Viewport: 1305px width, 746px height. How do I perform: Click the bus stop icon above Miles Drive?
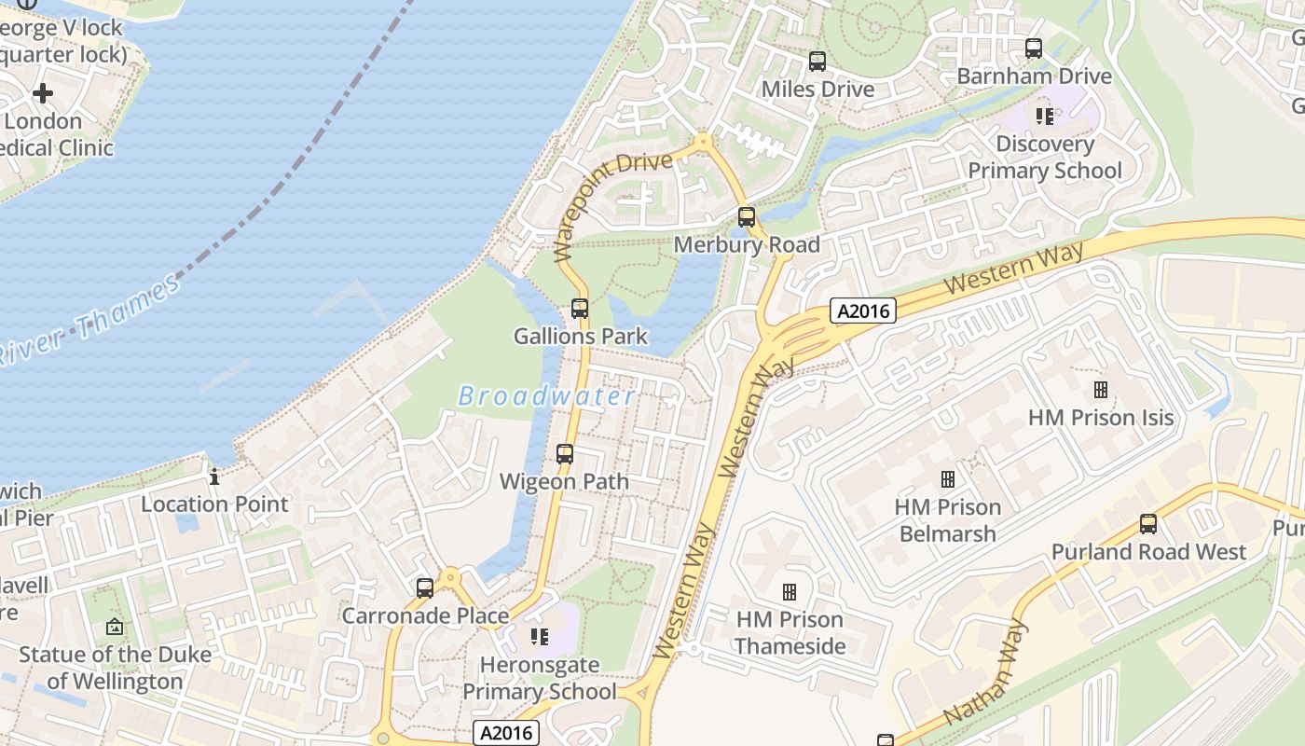coord(817,62)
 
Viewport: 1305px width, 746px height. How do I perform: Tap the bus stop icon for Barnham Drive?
coord(1033,48)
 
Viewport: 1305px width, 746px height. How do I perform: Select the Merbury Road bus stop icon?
coord(747,217)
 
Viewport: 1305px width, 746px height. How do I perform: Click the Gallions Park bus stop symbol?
coord(580,309)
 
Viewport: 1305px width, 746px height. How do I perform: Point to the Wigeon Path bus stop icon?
coord(565,454)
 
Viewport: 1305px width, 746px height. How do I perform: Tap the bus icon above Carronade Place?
coord(425,588)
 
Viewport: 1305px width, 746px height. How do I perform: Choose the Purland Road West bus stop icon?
coord(1148,524)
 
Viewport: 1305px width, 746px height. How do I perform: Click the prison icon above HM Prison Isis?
coord(1101,390)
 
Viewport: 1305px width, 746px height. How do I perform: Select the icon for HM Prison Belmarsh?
coord(948,479)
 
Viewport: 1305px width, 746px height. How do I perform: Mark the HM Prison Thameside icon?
coord(790,592)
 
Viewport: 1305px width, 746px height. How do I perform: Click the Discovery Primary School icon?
coord(1045,117)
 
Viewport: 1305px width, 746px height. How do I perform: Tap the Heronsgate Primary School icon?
coord(539,637)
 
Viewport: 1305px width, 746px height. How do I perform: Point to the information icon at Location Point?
coord(214,477)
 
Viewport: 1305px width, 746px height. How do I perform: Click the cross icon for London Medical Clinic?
coord(43,93)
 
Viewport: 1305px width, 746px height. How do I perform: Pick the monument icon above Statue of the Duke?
coord(115,627)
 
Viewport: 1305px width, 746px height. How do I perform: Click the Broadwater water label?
coord(547,396)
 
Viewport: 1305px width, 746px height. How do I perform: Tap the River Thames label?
coord(89,320)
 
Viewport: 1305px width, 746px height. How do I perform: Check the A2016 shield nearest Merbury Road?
coord(863,311)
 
